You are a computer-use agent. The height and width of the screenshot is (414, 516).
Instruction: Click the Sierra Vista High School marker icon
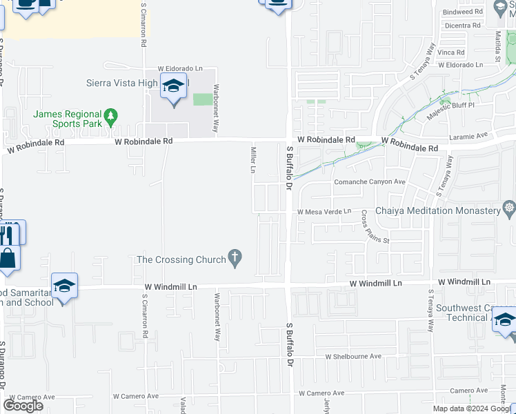[x=174, y=87]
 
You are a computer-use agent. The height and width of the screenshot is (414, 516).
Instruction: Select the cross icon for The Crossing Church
[x=235, y=259]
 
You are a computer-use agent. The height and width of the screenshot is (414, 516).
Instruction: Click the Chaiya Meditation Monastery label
[x=437, y=210]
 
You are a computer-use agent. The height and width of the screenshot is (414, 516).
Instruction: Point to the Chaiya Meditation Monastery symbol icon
[x=509, y=208]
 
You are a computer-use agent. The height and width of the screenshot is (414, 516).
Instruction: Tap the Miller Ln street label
[x=253, y=160]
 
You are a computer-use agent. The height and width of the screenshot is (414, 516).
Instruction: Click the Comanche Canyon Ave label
[x=370, y=182]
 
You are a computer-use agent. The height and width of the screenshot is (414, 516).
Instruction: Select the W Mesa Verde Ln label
[x=324, y=212]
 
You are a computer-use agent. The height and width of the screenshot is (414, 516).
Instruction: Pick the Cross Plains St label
[x=376, y=227]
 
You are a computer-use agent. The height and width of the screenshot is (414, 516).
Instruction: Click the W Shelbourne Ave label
[x=353, y=356]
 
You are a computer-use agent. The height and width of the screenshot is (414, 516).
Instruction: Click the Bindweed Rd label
[x=462, y=12]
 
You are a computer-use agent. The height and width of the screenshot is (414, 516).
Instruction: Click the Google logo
[x=23, y=406]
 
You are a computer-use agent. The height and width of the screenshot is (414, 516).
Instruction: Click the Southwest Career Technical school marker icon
[x=505, y=321]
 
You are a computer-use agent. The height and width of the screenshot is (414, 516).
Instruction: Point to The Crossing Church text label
[x=181, y=259]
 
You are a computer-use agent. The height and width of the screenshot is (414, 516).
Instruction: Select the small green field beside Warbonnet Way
[x=203, y=99]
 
